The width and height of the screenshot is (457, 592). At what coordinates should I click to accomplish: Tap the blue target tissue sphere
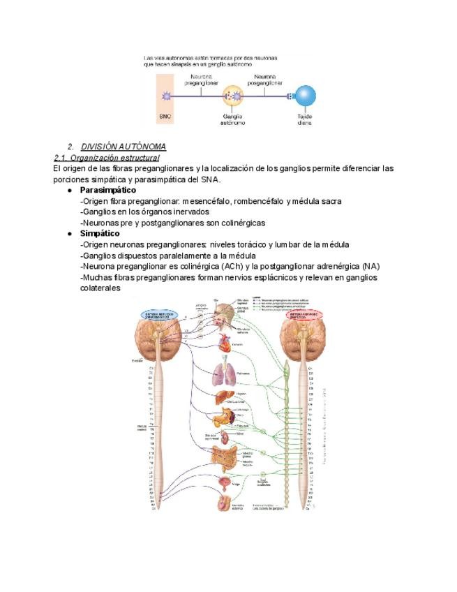point(305,96)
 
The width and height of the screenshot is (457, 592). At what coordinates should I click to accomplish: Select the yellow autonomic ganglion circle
point(233,96)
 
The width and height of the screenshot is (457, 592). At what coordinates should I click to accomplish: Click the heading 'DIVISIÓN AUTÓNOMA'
point(123,147)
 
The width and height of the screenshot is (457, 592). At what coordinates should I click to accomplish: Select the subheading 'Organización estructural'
point(110,158)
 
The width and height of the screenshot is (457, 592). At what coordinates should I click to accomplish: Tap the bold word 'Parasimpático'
point(108,190)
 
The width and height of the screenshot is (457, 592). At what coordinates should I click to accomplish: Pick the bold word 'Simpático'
point(100,233)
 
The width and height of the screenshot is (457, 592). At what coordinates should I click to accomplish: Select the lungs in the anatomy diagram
point(224,374)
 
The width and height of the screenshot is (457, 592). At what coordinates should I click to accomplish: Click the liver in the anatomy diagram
point(223,397)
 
